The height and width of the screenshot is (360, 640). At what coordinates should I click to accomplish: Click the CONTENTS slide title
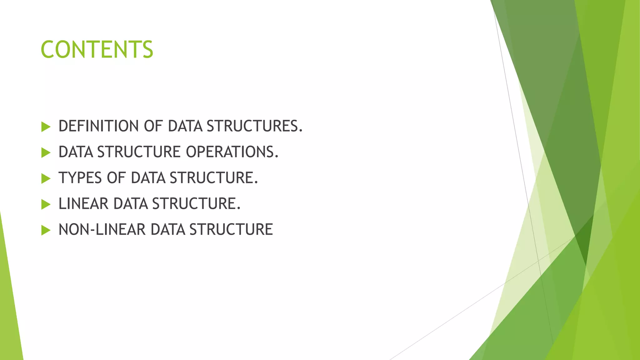tap(97, 50)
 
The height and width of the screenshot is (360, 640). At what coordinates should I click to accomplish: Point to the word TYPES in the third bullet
tap(80, 178)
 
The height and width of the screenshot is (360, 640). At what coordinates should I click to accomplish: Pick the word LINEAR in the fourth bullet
tap(83, 204)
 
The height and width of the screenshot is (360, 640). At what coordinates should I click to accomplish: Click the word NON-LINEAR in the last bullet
tap(102, 230)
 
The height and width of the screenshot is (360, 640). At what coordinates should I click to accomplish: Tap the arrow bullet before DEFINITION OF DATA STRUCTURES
tap(46, 127)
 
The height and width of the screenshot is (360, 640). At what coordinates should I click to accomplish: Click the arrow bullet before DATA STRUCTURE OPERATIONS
tap(46, 153)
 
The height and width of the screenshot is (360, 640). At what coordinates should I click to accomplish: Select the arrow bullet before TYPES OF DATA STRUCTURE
tap(46, 179)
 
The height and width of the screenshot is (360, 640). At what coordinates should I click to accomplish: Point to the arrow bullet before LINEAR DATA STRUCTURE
tap(46, 205)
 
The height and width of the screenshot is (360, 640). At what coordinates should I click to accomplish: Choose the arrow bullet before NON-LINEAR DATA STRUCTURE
tap(46, 231)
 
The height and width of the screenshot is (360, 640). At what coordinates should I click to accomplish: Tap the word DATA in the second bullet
tap(76, 152)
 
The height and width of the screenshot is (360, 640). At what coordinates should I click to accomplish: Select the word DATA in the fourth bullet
tap(131, 204)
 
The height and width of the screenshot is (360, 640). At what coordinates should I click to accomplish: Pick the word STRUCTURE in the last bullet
tap(231, 230)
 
